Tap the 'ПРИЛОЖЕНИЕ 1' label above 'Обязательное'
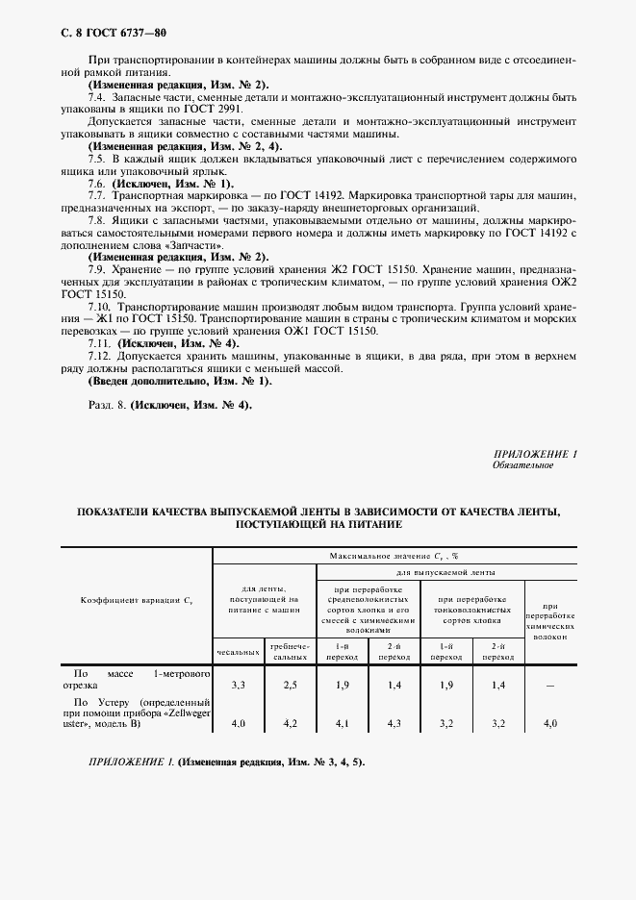point(534,452)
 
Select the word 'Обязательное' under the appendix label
point(522,463)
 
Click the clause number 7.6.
point(96,182)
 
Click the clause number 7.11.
point(99,343)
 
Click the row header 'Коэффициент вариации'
point(137,601)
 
